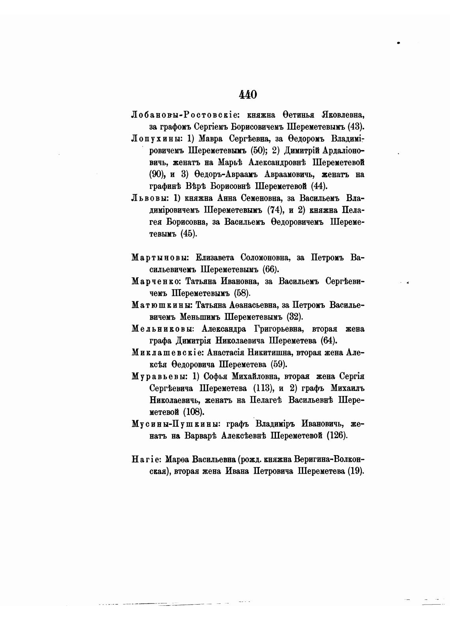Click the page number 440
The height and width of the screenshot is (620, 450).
[247, 94]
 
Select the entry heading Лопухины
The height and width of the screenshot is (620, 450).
[155, 139]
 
